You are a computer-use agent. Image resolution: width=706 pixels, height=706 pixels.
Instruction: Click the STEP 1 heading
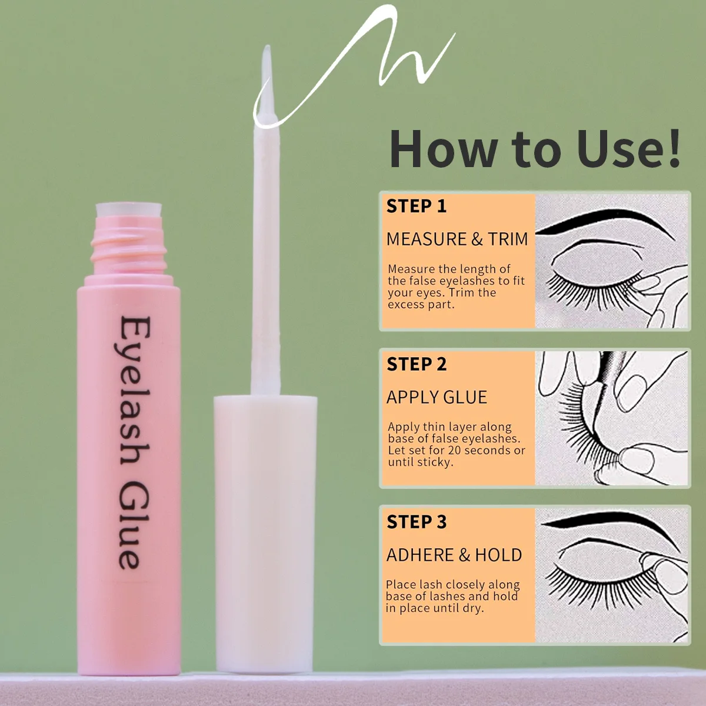click(416, 207)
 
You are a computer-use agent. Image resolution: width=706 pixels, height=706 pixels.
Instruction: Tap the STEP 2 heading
click(416, 365)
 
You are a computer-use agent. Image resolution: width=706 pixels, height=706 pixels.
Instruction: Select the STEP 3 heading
click(416, 522)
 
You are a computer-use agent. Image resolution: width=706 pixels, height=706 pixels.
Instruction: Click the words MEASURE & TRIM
click(457, 239)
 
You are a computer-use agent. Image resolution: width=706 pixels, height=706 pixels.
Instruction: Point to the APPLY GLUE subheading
click(437, 398)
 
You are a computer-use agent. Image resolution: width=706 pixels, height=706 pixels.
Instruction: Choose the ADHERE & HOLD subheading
click(454, 555)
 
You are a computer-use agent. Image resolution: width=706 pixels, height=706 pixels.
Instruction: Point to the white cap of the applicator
click(265, 529)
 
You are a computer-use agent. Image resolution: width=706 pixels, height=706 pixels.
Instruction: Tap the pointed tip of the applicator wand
click(267, 53)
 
